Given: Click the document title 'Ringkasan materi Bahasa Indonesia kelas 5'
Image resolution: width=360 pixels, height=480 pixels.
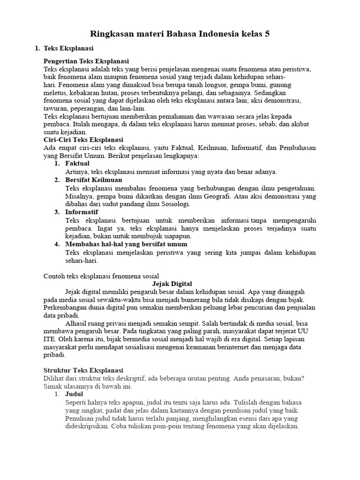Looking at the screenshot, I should pyautogui.click(x=180, y=34).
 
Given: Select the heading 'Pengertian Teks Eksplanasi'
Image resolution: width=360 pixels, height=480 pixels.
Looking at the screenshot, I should pyautogui.click(x=86, y=61).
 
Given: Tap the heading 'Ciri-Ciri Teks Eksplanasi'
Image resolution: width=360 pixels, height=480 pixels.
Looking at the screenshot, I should pyautogui.click(x=83, y=140).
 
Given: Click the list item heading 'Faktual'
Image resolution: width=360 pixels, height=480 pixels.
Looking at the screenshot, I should pyautogui.click(x=77, y=164).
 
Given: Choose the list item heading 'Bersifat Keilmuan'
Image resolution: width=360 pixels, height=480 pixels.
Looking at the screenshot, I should pyautogui.click(x=94, y=180).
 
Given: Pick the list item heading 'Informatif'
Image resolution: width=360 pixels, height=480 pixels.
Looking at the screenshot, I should pyautogui.click(x=82, y=212).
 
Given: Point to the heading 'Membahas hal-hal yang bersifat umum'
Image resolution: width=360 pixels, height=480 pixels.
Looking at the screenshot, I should pyautogui.click(x=126, y=244).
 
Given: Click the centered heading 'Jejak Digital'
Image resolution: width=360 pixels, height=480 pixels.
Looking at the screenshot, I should pyautogui.click(x=173, y=284).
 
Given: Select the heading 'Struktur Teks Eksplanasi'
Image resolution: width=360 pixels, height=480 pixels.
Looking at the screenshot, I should pyautogui.click(x=83, y=370).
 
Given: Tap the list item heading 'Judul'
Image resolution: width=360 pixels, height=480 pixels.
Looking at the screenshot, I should pyautogui.click(x=74, y=394).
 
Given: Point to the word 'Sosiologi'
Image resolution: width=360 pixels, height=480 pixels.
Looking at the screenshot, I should pyautogui.click(x=174, y=204).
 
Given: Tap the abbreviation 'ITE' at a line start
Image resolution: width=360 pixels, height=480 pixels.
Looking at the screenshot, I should pyautogui.click(x=49, y=339).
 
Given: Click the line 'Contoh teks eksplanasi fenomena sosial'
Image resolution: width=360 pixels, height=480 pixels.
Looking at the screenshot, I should pyautogui.click(x=101, y=276).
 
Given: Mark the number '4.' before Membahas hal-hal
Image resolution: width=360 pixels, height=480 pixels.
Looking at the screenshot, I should pyautogui.click(x=57, y=244).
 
